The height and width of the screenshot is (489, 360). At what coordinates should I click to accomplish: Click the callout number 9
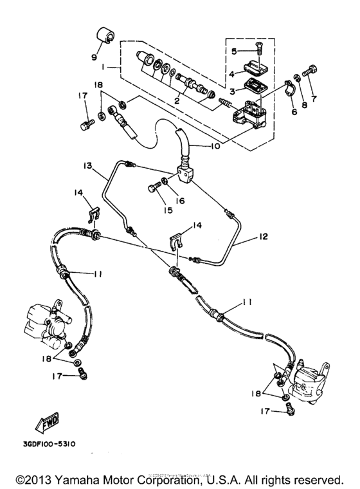95,57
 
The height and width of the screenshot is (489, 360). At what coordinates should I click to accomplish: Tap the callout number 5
235,50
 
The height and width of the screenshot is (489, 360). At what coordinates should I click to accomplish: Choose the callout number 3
235,91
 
